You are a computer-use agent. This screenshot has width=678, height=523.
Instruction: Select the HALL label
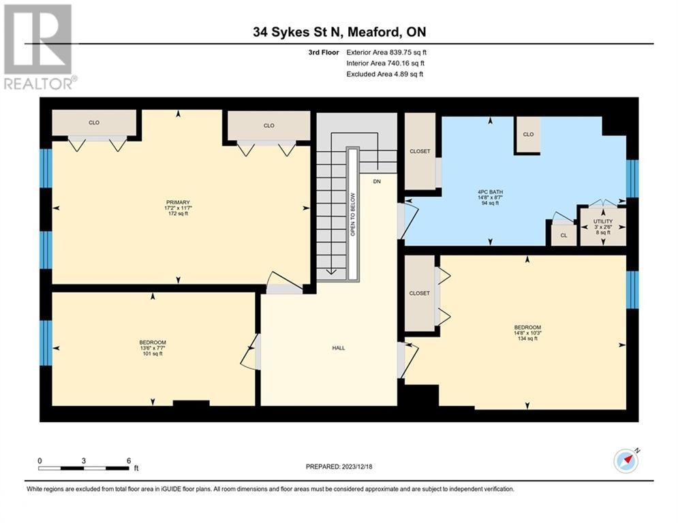tap(338, 348)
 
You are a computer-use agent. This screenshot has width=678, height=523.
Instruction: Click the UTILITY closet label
tap(602, 222)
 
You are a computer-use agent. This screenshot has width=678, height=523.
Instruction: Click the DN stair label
tap(377, 182)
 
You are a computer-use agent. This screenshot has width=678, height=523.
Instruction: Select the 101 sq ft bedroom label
tap(153, 347)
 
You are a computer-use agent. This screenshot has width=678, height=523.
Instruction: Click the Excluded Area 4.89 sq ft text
tap(384, 74)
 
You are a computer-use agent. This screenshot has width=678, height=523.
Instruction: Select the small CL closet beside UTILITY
tap(564, 235)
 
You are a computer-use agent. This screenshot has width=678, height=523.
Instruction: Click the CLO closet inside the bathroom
tap(528, 135)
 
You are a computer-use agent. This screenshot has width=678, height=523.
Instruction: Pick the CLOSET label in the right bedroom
tap(419, 293)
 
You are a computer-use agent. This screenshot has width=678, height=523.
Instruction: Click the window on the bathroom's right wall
tap(632, 178)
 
